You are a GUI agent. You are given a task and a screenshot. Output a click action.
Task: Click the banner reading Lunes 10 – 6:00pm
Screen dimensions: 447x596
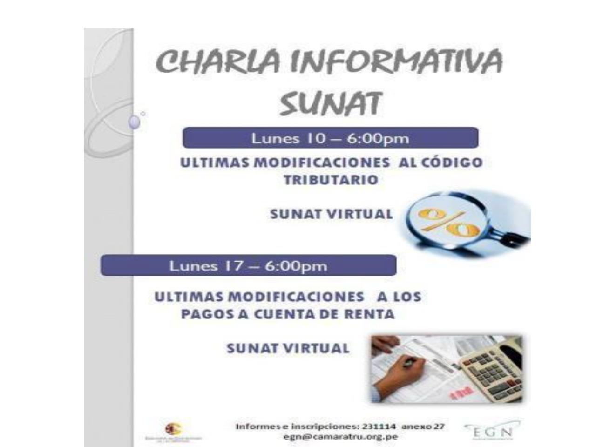tap(330, 138)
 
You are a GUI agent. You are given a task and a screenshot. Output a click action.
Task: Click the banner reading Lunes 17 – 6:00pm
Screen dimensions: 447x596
tap(248, 266)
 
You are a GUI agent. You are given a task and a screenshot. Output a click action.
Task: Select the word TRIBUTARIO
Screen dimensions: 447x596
tap(331, 180)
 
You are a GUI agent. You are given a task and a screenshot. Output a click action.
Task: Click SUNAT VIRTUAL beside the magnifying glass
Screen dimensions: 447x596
tap(331, 214)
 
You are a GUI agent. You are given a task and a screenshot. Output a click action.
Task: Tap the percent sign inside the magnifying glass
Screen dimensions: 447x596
tap(447, 223)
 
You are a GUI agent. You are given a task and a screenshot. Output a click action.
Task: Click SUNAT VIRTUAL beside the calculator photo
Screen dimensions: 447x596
tap(287, 348)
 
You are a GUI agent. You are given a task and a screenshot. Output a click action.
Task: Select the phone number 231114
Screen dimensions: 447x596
tap(379, 427)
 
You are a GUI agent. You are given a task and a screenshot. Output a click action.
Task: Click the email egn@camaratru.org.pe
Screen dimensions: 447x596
tap(340, 437)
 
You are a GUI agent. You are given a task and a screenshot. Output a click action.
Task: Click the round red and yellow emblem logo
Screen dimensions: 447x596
tap(173, 429)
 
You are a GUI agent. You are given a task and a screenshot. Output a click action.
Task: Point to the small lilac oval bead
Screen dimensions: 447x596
tap(134, 122)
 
